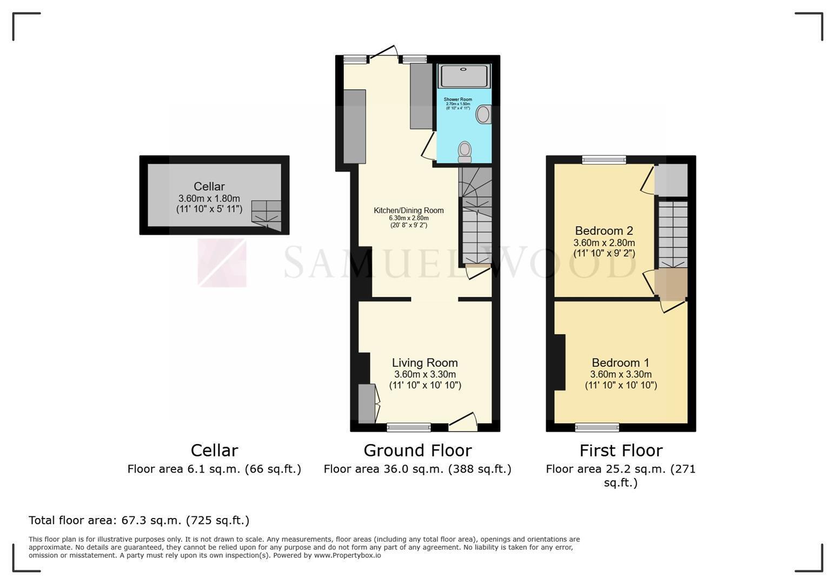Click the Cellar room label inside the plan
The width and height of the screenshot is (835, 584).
(209, 187)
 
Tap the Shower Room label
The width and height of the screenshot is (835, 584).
(458, 99)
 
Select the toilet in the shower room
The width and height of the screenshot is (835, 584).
(465, 152)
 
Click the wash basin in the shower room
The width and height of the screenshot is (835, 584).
(483, 115)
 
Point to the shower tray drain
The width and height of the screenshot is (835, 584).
(463, 69)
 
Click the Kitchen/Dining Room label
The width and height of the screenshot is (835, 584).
(408, 210)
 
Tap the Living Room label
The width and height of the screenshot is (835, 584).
(425, 363)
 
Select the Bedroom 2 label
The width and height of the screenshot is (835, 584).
(604, 231)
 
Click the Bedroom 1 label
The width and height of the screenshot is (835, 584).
(620, 363)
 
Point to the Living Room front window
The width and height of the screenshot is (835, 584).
(408, 428)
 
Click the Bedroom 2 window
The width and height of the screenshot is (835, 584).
(604, 160)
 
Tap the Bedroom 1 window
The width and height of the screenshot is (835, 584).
(597, 428)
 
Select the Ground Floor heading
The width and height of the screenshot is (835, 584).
(417, 450)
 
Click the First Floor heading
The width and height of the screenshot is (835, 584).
(621, 450)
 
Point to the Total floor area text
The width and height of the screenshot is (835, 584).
(139, 520)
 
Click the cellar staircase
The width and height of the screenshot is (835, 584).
(266, 215)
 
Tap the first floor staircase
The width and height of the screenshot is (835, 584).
(673, 235)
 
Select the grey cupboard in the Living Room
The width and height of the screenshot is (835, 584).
(367, 403)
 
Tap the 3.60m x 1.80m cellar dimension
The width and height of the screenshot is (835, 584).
(209, 198)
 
